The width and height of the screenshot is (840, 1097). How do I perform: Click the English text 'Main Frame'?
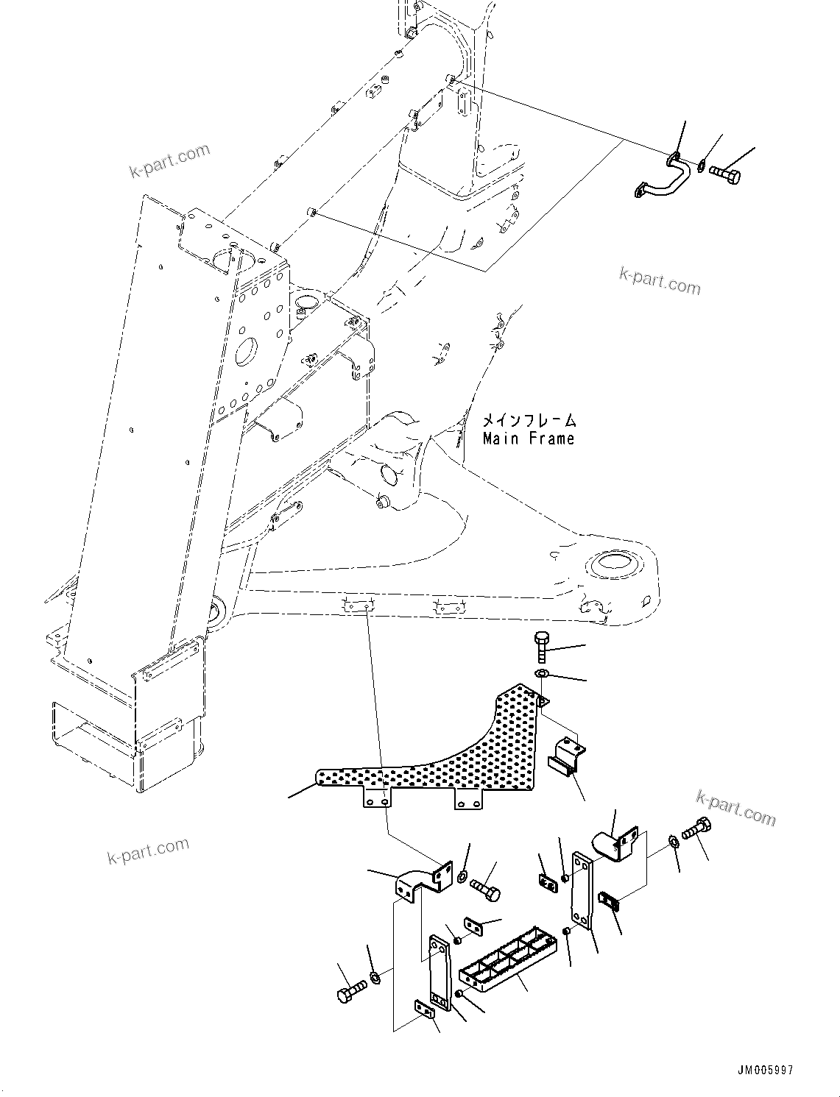coord(528,439)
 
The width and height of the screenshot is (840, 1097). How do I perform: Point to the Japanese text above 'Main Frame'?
coord(529,421)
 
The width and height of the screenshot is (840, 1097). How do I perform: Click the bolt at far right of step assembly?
coord(696,831)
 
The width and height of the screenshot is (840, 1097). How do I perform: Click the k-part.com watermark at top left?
coord(169,161)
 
